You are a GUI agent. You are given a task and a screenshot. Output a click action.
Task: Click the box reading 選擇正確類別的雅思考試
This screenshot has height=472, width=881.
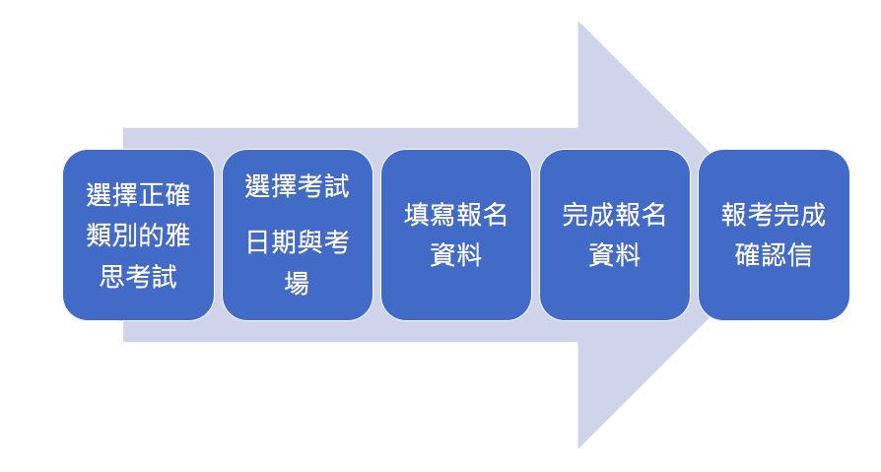(x=138, y=235)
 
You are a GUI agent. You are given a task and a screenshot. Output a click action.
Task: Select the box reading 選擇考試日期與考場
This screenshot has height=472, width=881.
(x=298, y=235)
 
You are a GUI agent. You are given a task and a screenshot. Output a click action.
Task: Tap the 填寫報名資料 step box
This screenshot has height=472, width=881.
(x=456, y=235)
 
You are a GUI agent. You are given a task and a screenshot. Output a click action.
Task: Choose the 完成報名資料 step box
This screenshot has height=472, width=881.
(x=615, y=235)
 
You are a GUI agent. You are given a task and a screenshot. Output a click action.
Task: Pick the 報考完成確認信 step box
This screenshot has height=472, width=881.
(x=774, y=235)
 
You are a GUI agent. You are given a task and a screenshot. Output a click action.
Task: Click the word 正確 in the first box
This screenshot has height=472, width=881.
(x=165, y=194)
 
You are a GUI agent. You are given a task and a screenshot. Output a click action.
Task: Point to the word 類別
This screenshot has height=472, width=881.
(x=111, y=236)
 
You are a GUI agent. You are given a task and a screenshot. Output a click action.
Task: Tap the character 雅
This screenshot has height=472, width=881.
(x=177, y=236)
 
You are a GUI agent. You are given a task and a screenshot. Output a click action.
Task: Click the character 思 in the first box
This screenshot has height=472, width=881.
(x=111, y=277)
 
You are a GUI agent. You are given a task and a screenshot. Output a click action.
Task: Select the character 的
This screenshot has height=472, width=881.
(x=152, y=236)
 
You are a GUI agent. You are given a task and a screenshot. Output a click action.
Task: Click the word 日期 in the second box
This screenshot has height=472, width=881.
(x=271, y=242)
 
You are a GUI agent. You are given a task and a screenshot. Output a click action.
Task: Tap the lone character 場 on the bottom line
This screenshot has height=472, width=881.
(x=298, y=283)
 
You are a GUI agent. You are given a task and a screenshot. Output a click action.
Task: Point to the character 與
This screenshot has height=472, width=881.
(x=310, y=242)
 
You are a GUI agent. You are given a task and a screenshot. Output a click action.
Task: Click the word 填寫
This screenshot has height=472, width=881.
(x=430, y=215)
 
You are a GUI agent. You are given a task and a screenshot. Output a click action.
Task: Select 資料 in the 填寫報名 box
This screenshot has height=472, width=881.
(x=456, y=255)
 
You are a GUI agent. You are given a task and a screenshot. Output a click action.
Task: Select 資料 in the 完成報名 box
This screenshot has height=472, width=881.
(x=615, y=255)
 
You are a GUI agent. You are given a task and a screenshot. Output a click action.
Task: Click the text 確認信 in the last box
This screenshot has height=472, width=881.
(x=774, y=255)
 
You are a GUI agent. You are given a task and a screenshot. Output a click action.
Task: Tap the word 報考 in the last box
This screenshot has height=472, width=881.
(x=747, y=215)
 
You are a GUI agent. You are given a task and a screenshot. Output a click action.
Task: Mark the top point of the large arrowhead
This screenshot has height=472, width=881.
(x=578, y=22)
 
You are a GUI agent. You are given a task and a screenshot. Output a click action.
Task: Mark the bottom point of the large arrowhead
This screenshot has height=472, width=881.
(x=578, y=448)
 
